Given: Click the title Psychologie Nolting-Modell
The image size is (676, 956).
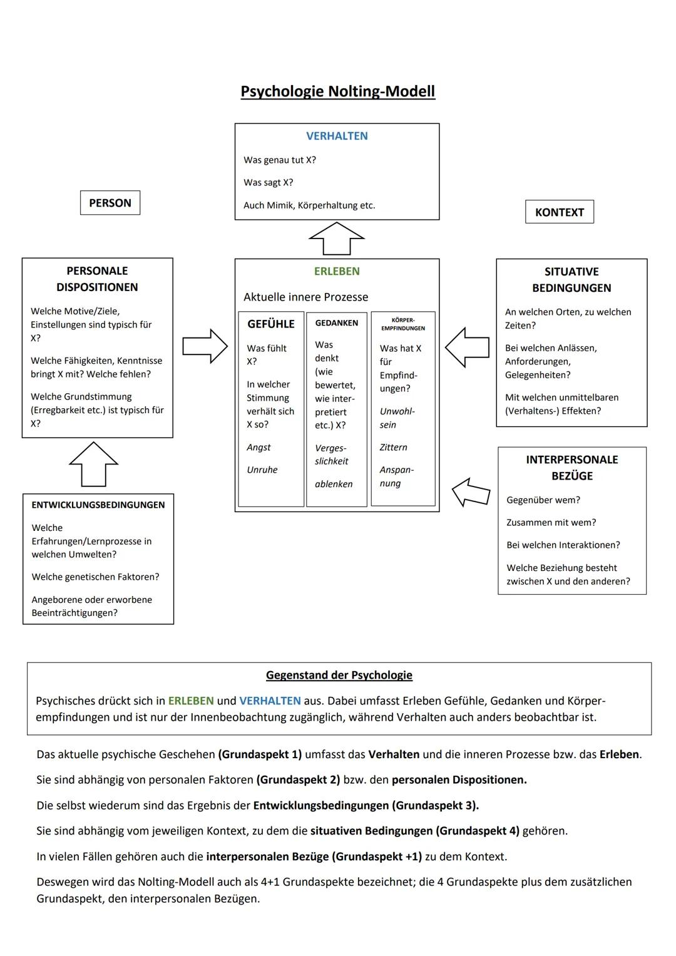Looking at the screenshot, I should tap(337, 91).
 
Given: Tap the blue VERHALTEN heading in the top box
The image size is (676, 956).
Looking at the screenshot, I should tap(337, 136).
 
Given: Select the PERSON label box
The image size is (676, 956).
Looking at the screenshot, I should tap(110, 203).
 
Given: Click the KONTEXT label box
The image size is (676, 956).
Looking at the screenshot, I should tap(559, 212).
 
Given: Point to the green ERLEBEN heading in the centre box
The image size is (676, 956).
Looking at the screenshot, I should tap(337, 271).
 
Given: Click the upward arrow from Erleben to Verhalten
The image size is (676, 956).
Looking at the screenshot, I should tap(337, 239).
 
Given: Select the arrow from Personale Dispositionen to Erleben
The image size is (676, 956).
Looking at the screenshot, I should tap(205, 346).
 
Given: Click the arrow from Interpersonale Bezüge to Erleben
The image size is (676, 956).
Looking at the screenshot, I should tap(471, 491).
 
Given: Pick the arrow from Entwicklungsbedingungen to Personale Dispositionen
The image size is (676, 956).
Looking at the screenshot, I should tap(93, 464).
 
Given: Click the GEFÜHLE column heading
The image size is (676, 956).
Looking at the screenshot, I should tap(270, 324).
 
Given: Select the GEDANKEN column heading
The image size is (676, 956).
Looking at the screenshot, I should tap(337, 323).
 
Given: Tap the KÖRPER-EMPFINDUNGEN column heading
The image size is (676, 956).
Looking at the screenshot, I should tap(403, 324).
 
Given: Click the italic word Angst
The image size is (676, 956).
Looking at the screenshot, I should tap(259, 447).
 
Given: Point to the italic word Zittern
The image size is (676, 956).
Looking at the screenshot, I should tap(393, 447).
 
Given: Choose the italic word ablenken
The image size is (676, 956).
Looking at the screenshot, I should tap(334, 484).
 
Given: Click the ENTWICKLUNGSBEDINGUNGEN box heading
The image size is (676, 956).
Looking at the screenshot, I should tap(98, 505).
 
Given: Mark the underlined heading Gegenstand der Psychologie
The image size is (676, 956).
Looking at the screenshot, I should tap(339, 675).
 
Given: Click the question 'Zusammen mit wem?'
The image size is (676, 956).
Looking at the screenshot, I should tap(551, 522).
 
